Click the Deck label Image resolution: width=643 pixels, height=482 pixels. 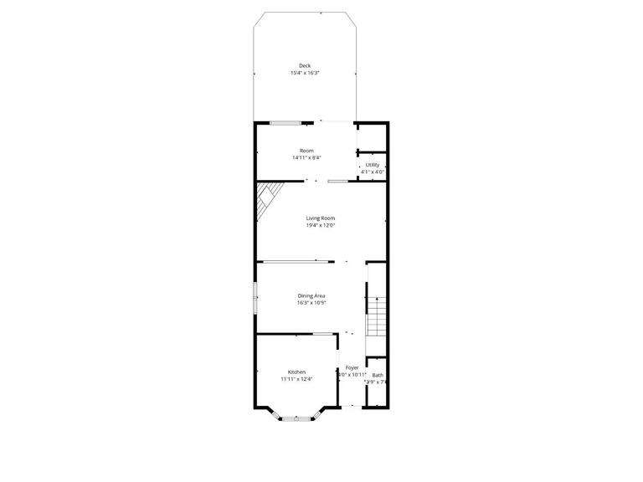coord(305,65)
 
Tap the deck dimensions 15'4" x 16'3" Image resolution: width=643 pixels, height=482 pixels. coord(305,73)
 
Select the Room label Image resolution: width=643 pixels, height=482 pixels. coord(307,151)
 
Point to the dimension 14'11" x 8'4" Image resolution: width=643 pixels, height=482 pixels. coord(307,158)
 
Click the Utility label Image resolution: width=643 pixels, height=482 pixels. coord(373,165)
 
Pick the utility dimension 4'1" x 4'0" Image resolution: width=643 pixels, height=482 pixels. coord(373,172)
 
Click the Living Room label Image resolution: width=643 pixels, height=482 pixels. coord(321,218)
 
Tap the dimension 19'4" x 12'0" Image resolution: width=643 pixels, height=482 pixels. coord(321,225)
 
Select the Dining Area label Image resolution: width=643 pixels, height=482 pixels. coord(311,295)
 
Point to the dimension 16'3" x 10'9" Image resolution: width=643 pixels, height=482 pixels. coord(311,303)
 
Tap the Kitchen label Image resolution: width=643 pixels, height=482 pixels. coord(296,372)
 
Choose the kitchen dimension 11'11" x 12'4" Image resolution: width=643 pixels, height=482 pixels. coord(296,379)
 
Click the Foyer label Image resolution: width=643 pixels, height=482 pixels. coord(352,367)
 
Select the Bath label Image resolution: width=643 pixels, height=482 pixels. coord(378,375)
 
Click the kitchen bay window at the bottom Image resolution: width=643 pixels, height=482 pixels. coord(296,417)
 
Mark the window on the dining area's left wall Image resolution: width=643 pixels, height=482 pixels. coord(255,298)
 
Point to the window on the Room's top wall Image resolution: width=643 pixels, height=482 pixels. coord(285,123)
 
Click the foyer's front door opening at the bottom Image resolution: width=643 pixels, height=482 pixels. coord(352,408)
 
